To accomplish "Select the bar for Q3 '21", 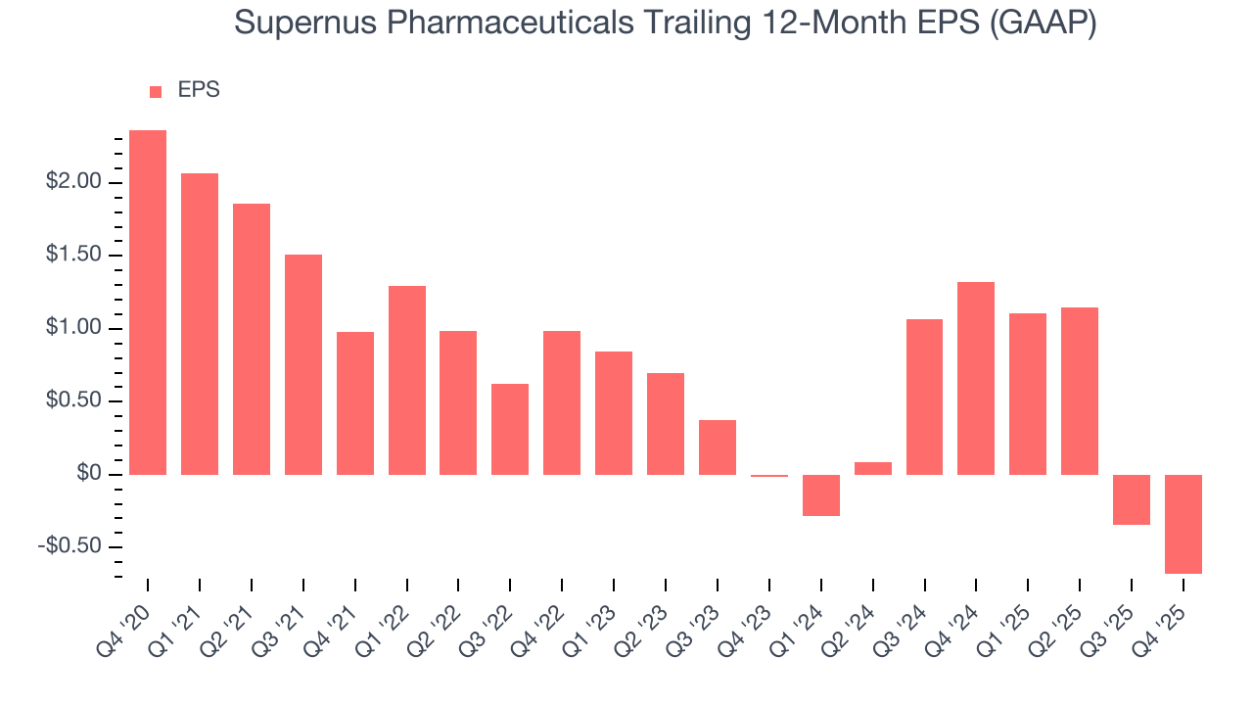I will coord(303,364).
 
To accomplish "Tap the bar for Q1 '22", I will coord(407,380).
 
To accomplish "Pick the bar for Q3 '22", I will coord(510,429).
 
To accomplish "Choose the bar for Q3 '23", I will coord(718,447).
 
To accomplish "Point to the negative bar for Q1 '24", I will coord(821,495).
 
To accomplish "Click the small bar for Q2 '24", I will coord(873,468).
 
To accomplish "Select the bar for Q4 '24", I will coord(976,378).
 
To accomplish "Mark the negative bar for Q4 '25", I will coord(1183,524).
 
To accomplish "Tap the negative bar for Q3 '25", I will coord(1132,499).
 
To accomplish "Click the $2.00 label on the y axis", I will coord(73,182).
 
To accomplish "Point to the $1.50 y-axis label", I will coord(73,256).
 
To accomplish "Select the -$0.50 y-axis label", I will coord(70,546).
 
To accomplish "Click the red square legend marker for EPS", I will coord(156,92).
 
